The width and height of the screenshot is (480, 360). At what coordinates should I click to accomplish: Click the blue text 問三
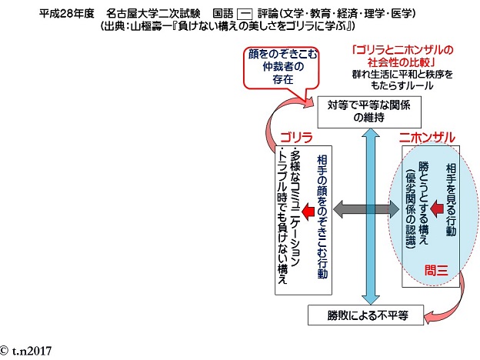[x=435, y=269]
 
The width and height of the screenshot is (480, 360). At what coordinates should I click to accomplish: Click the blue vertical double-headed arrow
[x=371, y=215]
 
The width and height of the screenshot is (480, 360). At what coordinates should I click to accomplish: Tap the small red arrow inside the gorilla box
[x=308, y=208]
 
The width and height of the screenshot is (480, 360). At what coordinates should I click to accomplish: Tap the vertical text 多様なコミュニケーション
[x=295, y=219]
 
